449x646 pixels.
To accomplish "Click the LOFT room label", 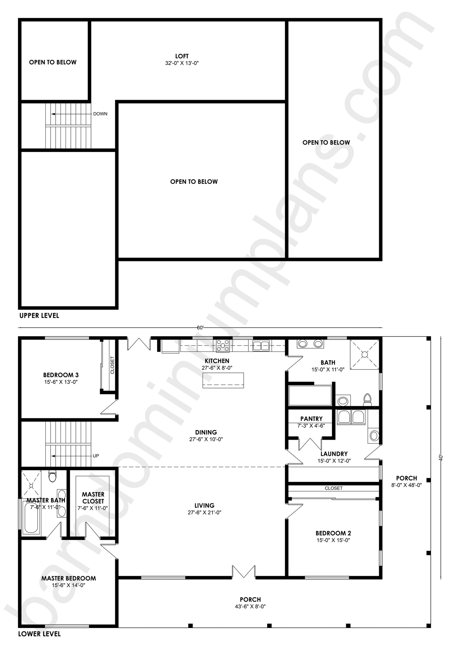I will point(182,56).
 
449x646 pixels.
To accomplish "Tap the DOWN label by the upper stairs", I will point(100,114).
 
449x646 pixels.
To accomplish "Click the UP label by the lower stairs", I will point(96,456).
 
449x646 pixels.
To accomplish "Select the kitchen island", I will point(223,380).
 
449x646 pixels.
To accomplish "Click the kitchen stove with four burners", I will point(223,346).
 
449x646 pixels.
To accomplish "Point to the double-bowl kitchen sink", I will point(261,346).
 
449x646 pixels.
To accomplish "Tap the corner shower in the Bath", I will point(365,355).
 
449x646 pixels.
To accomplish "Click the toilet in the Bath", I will point(367,400).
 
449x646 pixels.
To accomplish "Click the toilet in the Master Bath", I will point(53,476).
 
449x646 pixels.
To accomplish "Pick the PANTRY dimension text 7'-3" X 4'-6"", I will point(311,426).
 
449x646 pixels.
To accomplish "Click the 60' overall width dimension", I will point(200,328).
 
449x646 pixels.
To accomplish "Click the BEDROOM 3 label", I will point(61,375).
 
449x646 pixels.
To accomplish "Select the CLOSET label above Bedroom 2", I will point(333,488).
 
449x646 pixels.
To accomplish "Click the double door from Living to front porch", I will point(244,572).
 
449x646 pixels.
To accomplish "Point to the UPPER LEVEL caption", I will point(39,316).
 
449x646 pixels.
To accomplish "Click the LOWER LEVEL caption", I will point(39,634).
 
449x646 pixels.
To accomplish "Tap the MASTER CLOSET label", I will point(93,498).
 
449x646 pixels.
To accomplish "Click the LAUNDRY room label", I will point(334,454).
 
